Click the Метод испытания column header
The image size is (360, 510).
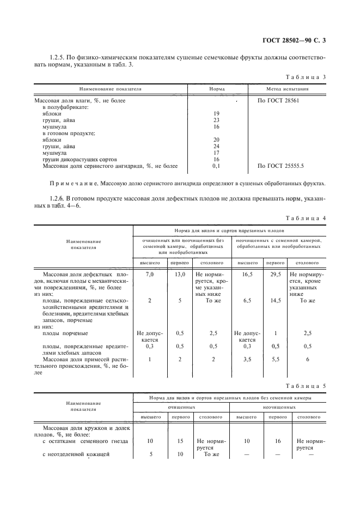(287, 88)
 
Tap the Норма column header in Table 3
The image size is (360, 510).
(217, 88)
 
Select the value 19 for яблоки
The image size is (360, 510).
(216, 113)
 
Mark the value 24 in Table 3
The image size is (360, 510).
(216, 146)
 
